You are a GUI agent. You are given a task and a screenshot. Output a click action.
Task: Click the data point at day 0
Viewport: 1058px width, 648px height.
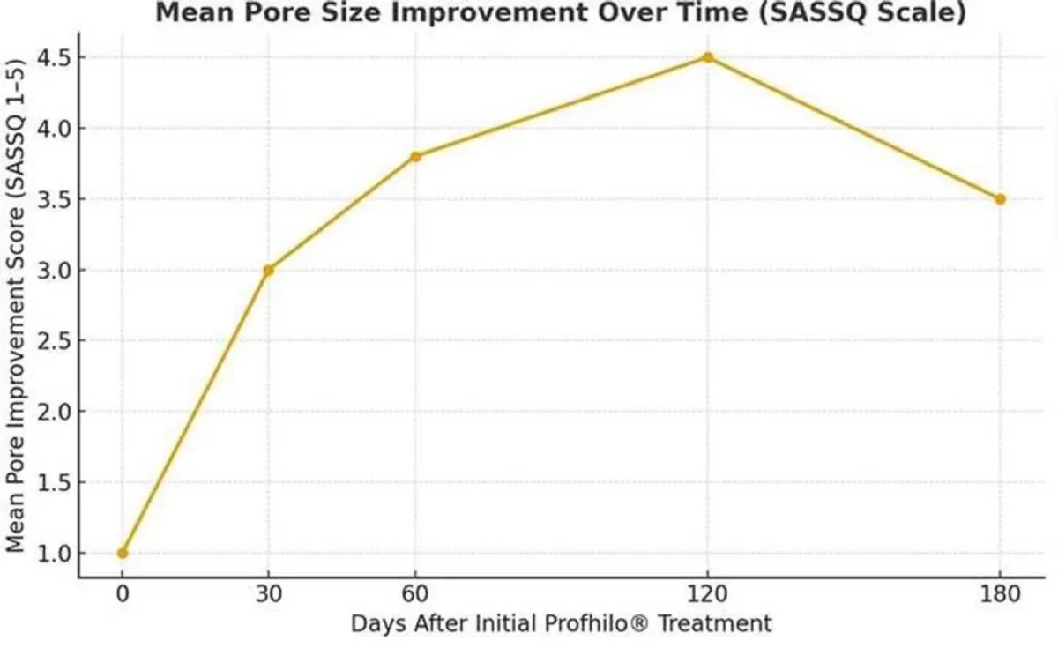pos(123,553)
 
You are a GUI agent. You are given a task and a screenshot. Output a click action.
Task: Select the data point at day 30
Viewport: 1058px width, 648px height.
pos(269,271)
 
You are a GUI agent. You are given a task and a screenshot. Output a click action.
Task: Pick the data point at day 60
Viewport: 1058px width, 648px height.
pos(415,157)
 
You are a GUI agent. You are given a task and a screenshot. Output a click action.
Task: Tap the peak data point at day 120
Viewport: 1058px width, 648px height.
pos(707,57)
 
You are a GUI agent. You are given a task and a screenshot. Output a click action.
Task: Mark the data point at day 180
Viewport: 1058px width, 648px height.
pos(1000,199)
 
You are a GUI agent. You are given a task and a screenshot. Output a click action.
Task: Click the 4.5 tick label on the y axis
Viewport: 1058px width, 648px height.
pos(55,58)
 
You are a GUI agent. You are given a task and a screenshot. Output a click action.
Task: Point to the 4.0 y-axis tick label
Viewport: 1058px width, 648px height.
pos(55,129)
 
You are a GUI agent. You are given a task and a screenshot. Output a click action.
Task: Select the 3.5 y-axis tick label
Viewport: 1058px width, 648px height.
pos(55,200)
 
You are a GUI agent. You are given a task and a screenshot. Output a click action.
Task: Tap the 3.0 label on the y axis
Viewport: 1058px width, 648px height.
pos(55,271)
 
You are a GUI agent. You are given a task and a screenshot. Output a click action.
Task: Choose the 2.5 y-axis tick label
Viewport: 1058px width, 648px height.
pos(55,341)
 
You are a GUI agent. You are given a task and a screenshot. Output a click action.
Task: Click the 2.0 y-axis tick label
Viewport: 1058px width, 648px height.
pos(55,412)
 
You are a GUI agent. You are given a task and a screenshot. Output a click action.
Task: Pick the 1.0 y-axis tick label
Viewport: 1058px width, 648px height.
pos(55,554)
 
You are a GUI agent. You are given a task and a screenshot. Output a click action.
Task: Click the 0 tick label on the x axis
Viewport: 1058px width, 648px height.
pos(123,593)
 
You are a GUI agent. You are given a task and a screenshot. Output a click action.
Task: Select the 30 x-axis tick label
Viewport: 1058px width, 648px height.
pos(269,593)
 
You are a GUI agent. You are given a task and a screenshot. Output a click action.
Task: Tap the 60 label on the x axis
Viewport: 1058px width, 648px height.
pos(415,593)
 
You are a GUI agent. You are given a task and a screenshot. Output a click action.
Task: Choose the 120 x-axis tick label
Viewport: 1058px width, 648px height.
pos(707,593)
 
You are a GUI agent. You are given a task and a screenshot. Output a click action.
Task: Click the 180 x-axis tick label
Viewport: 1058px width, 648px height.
pos(1000,593)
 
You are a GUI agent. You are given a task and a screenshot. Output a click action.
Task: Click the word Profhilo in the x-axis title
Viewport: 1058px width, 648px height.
pos(589,623)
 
